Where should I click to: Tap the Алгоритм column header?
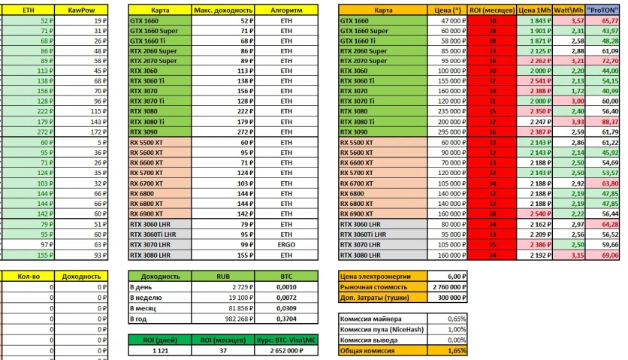286,11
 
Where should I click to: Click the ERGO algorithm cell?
286,245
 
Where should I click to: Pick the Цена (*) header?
448,11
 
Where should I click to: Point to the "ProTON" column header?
605,11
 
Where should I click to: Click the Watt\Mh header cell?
569,11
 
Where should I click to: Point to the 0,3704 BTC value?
286,319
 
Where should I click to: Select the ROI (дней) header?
160,340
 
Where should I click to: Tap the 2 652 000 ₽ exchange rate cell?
286,350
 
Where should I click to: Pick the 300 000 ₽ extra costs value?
448,298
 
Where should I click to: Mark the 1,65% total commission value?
448,350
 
